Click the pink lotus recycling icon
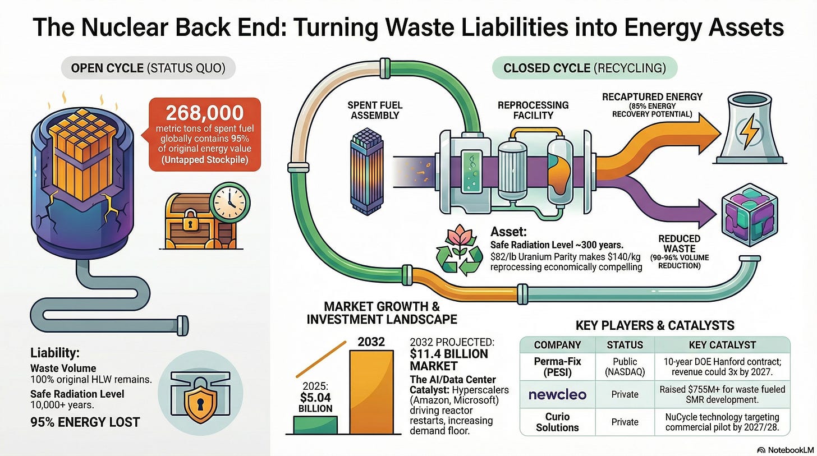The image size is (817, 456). [x=459, y=251]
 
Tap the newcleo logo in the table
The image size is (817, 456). [x=557, y=394]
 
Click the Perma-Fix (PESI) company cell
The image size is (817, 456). [x=557, y=367]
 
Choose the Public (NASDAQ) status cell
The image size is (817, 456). [x=625, y=367]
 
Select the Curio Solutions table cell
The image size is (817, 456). [x=557, y=421]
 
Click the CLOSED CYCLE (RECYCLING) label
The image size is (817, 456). [x=585, y=68]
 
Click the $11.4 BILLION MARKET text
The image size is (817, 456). [x=449, y=360]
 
